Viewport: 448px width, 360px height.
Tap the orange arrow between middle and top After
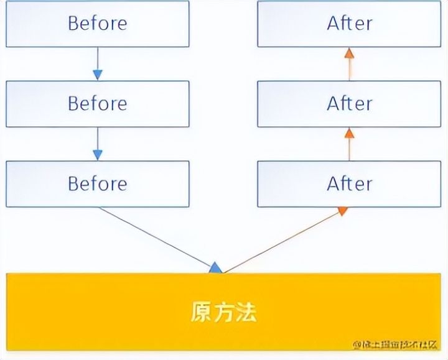coord(349,64)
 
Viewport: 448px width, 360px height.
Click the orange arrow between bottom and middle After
coord(349,144)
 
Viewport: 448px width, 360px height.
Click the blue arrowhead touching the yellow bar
coord(215,268)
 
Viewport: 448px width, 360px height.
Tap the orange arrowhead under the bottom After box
coord(342,211)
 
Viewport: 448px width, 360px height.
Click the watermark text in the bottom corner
coord(396,344)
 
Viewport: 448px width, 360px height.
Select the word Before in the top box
coord(97,24)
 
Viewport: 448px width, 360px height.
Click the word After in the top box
coord(349,24)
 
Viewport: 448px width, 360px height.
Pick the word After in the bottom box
coord(349,183)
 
